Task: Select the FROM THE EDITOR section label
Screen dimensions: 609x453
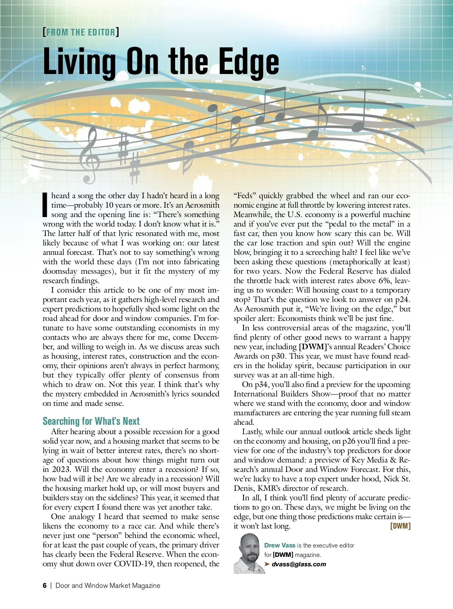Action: point(81,32)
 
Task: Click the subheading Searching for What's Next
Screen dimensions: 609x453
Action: point(91,421)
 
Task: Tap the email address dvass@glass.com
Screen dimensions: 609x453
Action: point(299,564)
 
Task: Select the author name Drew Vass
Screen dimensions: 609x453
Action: point(280,545)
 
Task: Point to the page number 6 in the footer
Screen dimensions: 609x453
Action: point(45,586)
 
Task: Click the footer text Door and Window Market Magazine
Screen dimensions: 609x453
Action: point(108,586)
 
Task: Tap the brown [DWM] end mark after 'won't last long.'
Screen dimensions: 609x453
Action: point(400,526)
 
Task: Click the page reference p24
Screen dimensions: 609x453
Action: point(402,299)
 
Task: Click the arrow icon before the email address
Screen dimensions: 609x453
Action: point(267,564)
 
